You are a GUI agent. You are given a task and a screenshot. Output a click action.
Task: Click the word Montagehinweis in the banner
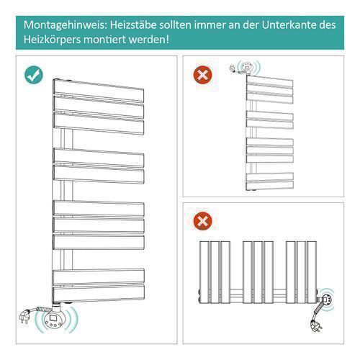pyautogui.click(x=66, y=25)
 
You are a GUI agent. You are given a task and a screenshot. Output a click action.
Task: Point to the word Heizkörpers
pyautogui.click(x=52, y=40)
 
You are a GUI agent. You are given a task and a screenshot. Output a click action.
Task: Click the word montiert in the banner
pyautogui.click(x=104, y=40)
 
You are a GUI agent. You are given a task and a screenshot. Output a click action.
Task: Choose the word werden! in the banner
pyautogui.click(x=148, y=40)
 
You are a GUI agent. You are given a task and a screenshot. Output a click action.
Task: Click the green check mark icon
pyautogui.click(x=34, y=75)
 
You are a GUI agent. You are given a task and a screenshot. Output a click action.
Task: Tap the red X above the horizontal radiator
pyautogui.click(x=203, y=221)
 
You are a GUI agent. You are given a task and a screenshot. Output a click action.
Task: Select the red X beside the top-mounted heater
pyautogui.click(x=203, y=75)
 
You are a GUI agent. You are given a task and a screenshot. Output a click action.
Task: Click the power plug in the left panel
pyautogui.click(x=25, y=317)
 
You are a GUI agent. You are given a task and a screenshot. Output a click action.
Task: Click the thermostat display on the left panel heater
pyautogui.click(x=53, y=318)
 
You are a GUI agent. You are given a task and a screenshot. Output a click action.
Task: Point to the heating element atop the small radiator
pyautogui.click(x=246, y=68)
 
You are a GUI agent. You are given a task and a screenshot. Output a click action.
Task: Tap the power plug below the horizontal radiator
pyautogui.click(x=316, y=325)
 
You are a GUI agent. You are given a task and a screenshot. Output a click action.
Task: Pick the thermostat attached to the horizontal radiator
pyautogui.click(x=326, y=299)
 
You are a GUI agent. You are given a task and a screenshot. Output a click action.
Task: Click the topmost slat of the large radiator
pyautogui.click(x=99, y=91)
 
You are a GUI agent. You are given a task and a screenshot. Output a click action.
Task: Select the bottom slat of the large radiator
pyautogui.click(x=99, y=293)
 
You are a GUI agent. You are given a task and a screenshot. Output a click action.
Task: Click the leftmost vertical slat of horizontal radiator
pyautogui.click(x=204, y=272)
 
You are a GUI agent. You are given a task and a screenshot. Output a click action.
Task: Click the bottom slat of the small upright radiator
pyautogui.click(x=270, y=185)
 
